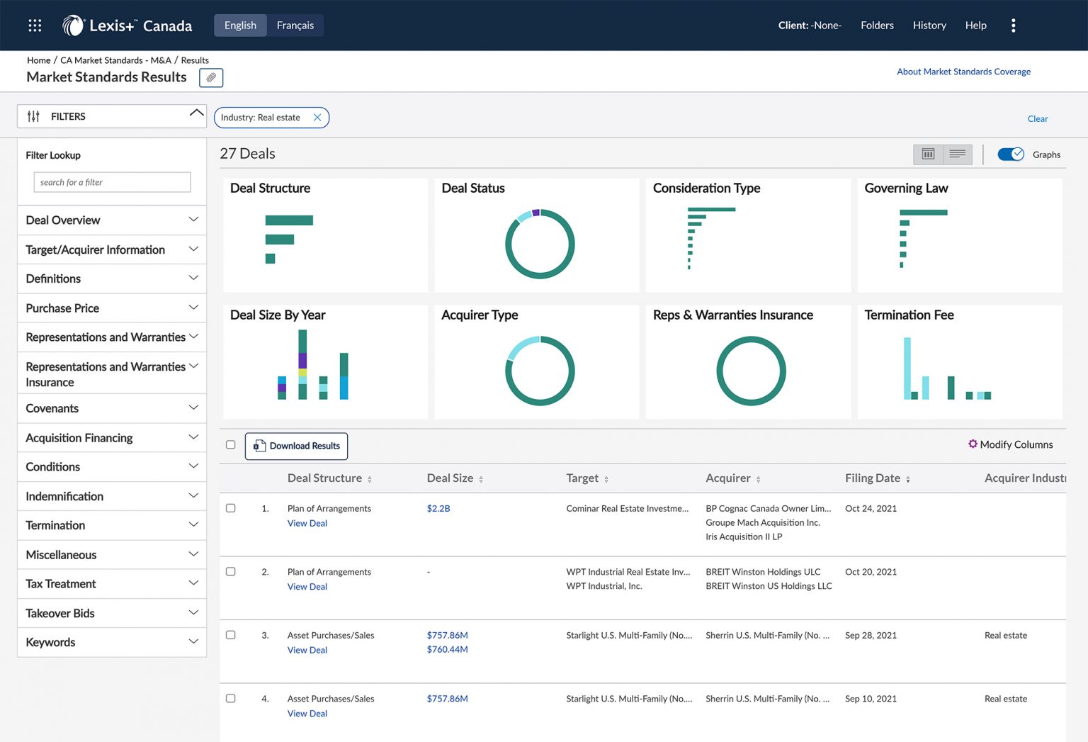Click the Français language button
pyautogui.click(x=295, y=26)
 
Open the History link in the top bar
pyautogui.click(x=929, y=26)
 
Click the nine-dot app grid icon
pyautogui.click(x=35, y=26)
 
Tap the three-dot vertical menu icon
pyautogui.click(x=1013, y=26)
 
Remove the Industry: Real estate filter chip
pyautogui.click(x=317, y=118)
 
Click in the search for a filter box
pyautogui.click(x=112, y=182)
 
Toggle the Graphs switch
pyautogui.click(x=1010, y=154)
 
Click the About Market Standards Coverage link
pyautogui.click(x=963, y=72)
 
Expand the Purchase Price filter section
pyautogui.click(x=111, y=308)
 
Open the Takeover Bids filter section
pyautogui.click(x=111, y=613)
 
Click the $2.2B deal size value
pyautogui.click(x=438, y=508)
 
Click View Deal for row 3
pyautogui.click(x=307, y=650)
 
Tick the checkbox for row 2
pyautogui.click(x=231, y=572)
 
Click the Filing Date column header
pyautogui.click(x=872, y=478)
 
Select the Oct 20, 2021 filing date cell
pyautogui.click(x=871, y=572)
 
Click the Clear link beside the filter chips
pyautogui.click(x=1037, y=119)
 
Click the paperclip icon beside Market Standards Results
pyautogui.click(x=211, y=77)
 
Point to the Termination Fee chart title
pyautogui.click(x=909, y=315)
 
